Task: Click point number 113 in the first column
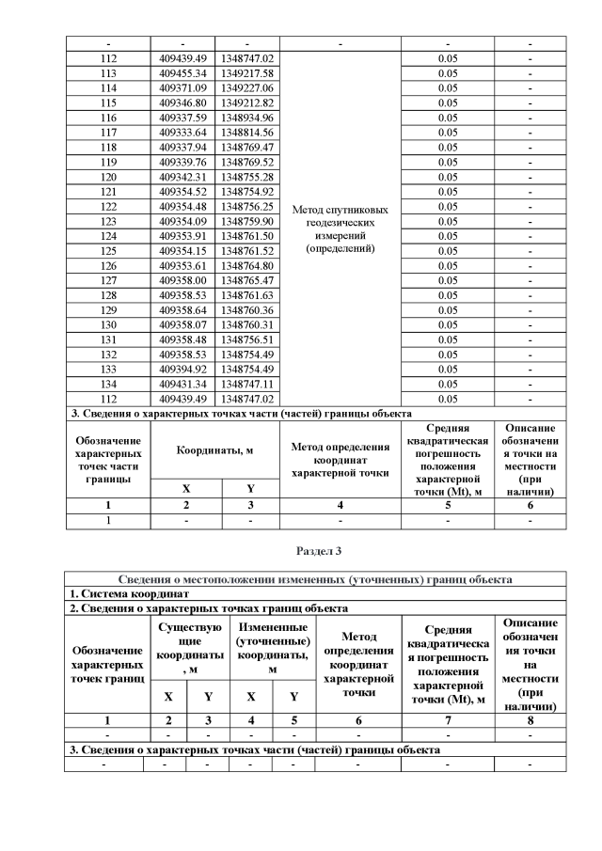(107, 72)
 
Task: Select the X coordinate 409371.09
(182, 87)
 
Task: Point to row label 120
(107, 177)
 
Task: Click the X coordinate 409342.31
(182, 177)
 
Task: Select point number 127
(107, 280)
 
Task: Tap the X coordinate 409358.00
(182, 280)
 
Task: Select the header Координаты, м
(214, 449)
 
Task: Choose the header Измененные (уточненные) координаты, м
(272, 648)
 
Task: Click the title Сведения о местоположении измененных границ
(315, 579)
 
